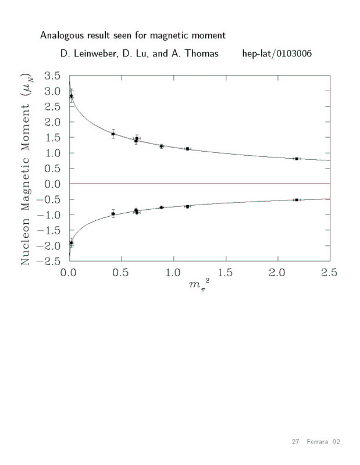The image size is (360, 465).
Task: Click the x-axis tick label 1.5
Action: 225,273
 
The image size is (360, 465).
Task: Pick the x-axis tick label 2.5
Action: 329,273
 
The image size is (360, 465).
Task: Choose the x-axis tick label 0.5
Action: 121,273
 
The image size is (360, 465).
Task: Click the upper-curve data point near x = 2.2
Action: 297,159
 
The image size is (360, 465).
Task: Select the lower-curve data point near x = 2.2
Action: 297,200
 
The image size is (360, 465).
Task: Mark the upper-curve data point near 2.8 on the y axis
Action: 72,96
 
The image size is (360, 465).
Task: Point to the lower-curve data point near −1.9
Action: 72,243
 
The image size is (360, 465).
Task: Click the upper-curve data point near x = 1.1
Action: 187,149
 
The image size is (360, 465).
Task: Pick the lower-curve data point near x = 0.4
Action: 113,214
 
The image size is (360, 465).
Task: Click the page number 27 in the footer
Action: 295,442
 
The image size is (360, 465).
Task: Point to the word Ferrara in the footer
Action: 318,442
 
